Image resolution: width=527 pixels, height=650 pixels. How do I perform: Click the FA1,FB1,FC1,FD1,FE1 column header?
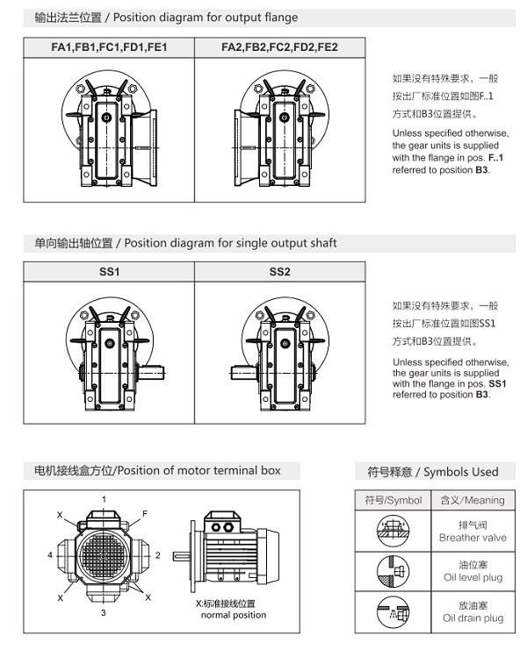coord(109,47)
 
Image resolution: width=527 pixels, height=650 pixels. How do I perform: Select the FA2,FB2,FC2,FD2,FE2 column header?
coord(279,47)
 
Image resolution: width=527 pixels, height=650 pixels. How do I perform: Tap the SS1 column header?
coord(109,272)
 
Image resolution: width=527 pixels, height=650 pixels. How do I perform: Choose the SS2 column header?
coord(279,272)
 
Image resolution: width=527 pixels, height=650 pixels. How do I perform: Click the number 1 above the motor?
coord(104,499)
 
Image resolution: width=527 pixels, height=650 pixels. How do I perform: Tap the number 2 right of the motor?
coord(157,555)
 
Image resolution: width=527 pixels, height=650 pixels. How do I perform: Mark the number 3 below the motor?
coord(103,613)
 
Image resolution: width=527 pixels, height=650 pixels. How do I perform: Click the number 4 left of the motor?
coord(50,555)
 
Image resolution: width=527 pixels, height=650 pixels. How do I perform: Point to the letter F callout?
coord(145,513)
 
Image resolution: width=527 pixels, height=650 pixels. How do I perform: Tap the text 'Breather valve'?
coord(473,538)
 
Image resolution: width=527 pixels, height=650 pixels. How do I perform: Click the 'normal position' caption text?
coord(234,615)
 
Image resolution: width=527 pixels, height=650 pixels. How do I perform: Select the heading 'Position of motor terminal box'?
coord(152,471)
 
